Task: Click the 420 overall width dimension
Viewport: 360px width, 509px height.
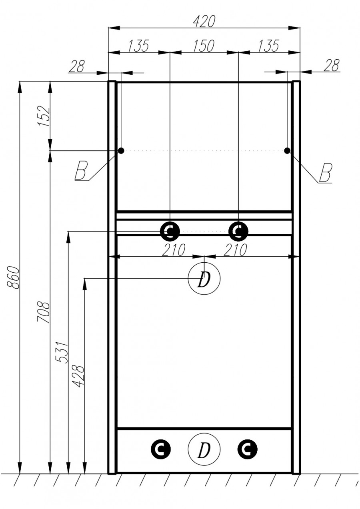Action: tap(204, 21)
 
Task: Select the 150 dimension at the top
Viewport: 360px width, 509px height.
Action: tap(204, 46)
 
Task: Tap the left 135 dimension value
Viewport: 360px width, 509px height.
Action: tap(139, 46)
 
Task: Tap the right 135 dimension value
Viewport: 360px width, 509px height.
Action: tap(268, 46)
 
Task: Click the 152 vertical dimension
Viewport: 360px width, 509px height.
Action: tap(44, 116)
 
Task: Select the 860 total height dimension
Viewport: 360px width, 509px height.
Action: tap(13, 277)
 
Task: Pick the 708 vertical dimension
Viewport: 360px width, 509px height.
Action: tap(44, 312)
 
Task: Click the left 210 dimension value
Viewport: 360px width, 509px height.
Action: tap(174, 250)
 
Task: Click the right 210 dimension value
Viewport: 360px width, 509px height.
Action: tap(235, 250)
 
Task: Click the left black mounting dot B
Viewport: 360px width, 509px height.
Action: tap(121, 150)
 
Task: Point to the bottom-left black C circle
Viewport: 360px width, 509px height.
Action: tap(161, 449)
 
